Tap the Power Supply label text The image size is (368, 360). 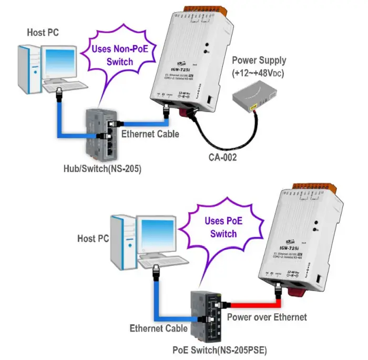point(259,66)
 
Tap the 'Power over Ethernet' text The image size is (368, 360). point(267,317)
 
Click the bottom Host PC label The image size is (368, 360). point(93,238)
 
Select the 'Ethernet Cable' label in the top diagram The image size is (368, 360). point(150,134)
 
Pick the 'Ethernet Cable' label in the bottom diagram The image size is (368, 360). point(159,328)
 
